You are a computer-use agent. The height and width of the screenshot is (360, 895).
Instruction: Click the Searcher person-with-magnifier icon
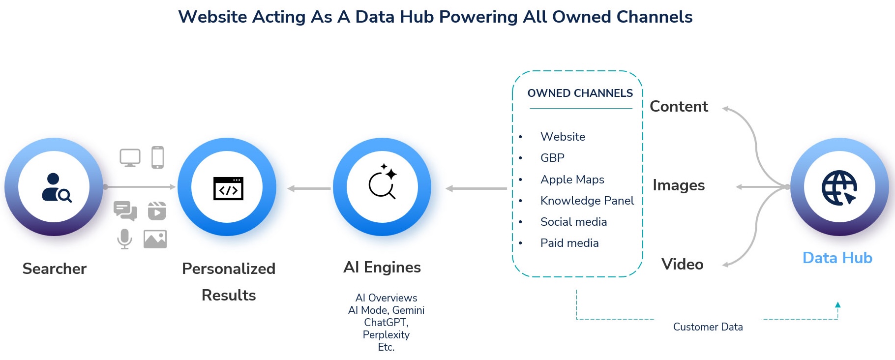click(55, 187)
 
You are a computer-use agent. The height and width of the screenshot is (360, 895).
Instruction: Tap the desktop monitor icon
click(130, 158)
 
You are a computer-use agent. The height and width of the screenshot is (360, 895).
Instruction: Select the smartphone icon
click(157, 157)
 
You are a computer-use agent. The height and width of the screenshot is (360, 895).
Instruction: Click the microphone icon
click(124, 239)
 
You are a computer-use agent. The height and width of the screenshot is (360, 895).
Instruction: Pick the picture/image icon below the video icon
click(155, 239)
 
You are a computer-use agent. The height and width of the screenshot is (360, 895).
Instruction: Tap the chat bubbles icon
click(125, 211)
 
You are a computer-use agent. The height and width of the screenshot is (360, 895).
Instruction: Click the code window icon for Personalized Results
click(228, 188)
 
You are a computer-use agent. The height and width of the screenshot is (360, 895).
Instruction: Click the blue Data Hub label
click(837, 258)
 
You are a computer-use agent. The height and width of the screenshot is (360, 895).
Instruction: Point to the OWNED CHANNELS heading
click(580, 93)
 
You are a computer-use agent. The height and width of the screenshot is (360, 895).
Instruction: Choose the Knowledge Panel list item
click(587, 201)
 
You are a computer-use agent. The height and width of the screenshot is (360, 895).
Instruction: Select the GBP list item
click(552, 158)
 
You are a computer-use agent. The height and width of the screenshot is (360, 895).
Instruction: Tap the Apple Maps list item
click(572, 180)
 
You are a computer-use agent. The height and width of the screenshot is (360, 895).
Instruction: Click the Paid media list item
click(569, 243)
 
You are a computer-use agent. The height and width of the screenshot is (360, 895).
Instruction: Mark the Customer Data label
click(708, 327)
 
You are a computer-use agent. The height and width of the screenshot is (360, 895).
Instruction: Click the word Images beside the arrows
click(678, 185)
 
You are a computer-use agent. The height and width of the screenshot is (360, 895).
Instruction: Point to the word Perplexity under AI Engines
click(386, 335)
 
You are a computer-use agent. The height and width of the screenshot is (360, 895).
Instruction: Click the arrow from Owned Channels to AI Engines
click(476, 188)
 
